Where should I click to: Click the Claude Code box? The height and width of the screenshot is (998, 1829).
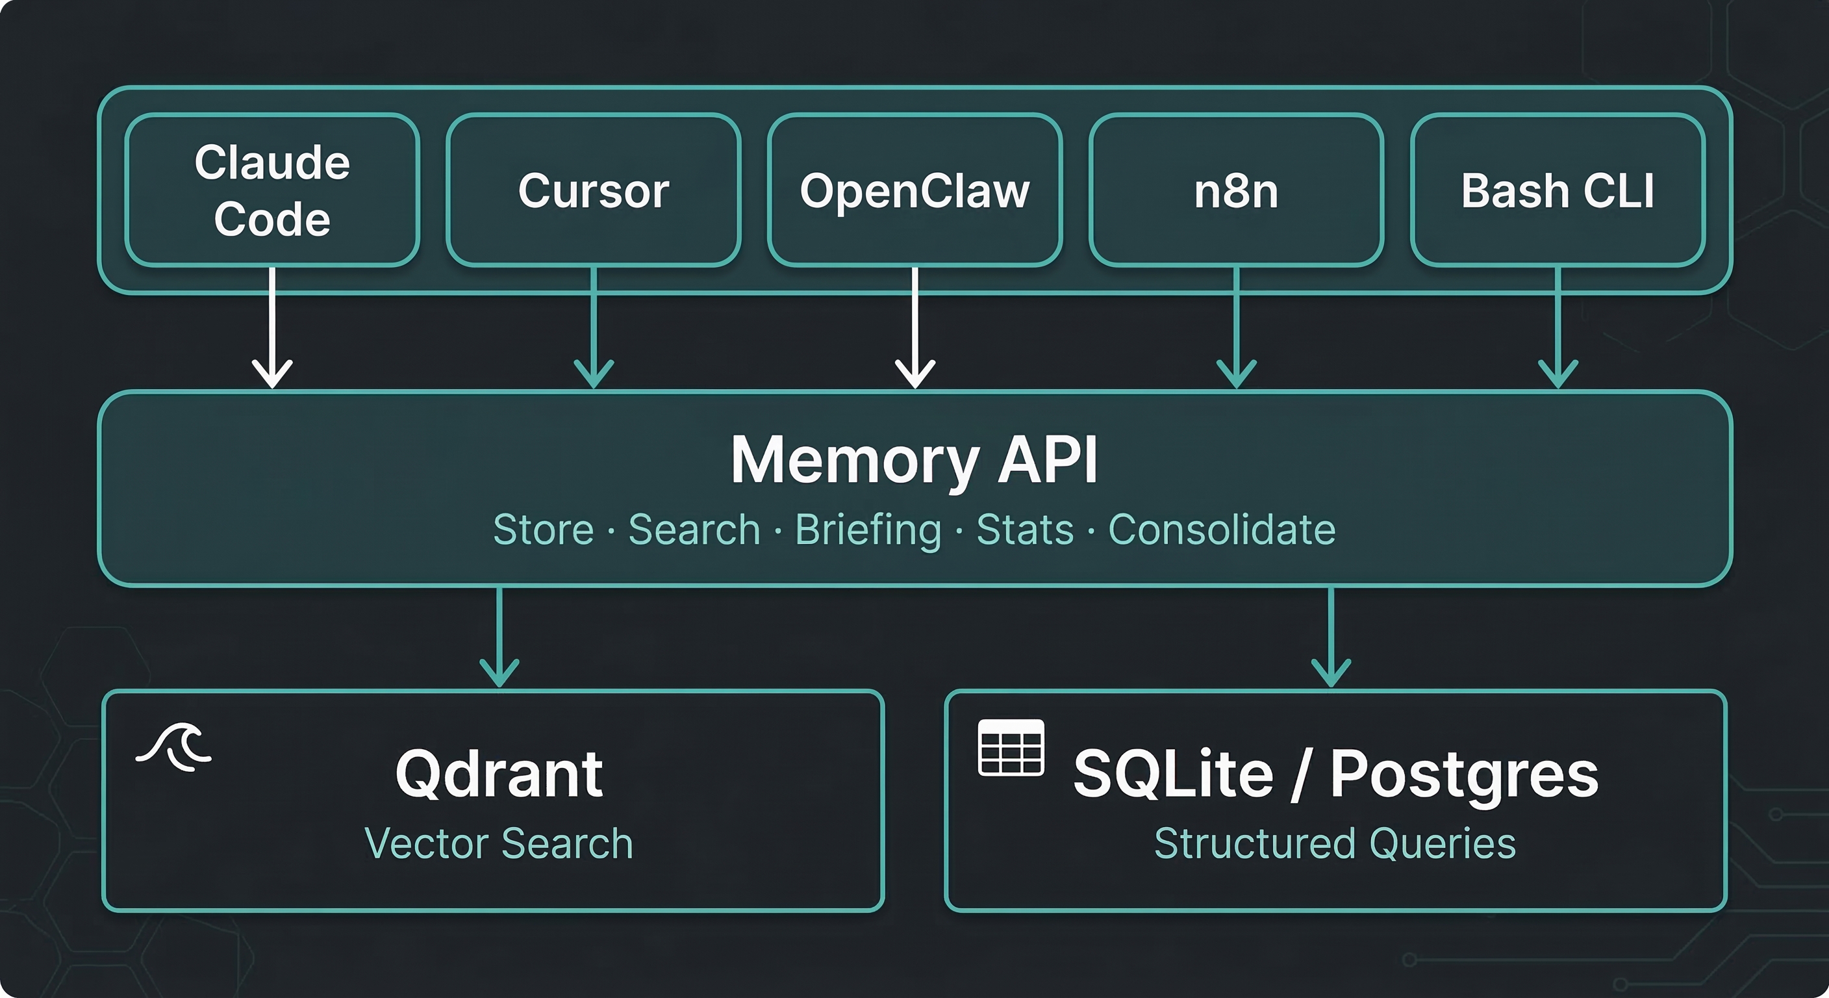272,190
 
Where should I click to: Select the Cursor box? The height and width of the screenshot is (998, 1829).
594,190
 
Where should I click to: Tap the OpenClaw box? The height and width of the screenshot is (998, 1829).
914,190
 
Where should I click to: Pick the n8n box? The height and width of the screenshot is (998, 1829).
1236,190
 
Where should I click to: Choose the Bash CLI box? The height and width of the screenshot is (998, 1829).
1558,190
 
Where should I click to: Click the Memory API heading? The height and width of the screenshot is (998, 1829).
914,460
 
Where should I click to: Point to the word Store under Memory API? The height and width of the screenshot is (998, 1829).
543,530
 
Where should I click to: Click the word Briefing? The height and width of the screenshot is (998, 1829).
868,530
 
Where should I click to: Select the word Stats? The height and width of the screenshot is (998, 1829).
1024,530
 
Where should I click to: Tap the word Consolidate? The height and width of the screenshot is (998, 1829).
1221,530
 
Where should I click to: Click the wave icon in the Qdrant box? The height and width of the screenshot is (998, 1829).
175,747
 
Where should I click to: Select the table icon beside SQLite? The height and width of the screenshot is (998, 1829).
1011,747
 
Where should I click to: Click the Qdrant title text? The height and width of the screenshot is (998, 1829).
499,774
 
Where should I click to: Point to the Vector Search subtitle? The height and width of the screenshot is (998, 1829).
498,844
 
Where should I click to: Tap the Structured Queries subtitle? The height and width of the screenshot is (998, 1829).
1335,844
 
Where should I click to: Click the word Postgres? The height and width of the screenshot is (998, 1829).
1464,774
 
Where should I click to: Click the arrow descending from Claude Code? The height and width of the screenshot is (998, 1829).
273,327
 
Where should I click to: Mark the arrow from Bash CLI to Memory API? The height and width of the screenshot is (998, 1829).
1558,327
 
